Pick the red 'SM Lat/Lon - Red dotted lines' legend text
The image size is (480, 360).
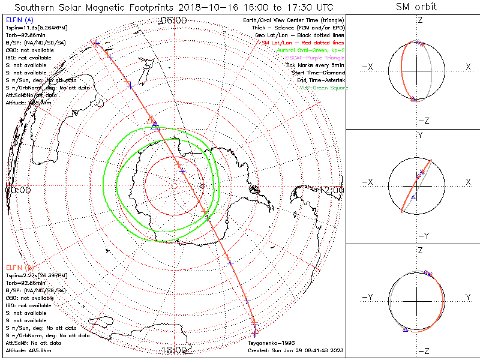tap(302, 44)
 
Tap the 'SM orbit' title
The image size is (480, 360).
tap(416, 7)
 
